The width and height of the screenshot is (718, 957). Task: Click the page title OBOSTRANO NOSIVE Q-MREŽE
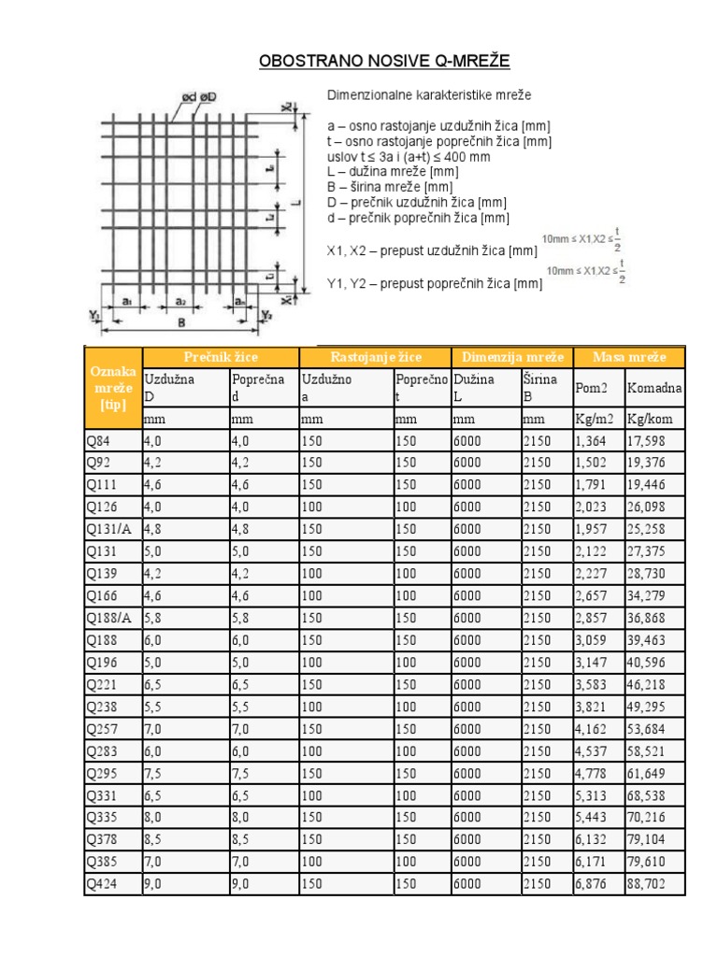pyautogui.click(x=384, y=62)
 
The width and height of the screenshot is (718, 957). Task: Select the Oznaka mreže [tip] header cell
pyautogui.click(x=112, y=387)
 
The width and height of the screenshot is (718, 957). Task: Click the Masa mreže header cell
pyautogui.click(x=629, y=358)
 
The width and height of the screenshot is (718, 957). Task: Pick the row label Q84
pyautogui.click(x=97, y=441)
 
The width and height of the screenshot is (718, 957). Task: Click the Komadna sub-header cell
pyautogui.click(x=653, y=388)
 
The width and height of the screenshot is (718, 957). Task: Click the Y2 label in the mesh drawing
pyautogui.click(x=266, y=315)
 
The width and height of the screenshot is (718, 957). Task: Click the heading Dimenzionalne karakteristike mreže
pyautogui.click(x=430, y=95)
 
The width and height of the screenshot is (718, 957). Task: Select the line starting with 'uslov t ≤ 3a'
pyautogui.click(x=409, y=157)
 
